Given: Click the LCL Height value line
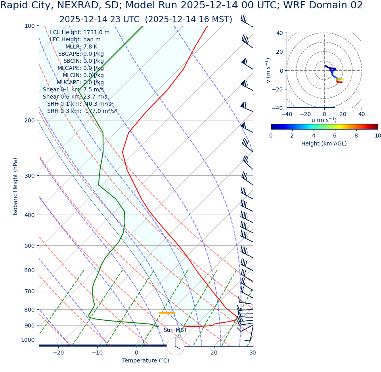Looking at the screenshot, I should point(80,32).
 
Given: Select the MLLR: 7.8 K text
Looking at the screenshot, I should point(81,46).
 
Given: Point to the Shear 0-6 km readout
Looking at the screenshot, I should point(75,97).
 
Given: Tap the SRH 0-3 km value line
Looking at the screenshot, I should point(82,111).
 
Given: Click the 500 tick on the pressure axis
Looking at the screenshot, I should point(30,246).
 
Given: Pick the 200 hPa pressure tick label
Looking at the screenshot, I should point(30,120).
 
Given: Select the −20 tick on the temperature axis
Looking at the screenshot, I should point(58,353).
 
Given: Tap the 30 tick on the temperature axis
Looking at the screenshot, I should point(253,353).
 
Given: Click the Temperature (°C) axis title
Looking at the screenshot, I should point(146,360).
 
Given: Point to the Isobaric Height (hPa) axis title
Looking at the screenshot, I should point(15,186).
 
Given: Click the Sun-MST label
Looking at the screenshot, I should point(175,330).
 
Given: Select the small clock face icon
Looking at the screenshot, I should point(176,346).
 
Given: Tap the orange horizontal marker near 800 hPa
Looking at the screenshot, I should point(167,313).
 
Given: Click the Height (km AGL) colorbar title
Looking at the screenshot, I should point(324,143).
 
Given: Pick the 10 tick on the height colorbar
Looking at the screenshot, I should point(378,136).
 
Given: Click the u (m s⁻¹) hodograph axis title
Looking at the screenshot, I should point(324,120).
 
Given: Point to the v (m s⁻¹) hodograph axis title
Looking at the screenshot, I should point(268,70).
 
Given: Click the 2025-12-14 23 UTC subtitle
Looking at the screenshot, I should point(146,19).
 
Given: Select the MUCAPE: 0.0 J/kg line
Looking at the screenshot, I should point(80,82).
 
